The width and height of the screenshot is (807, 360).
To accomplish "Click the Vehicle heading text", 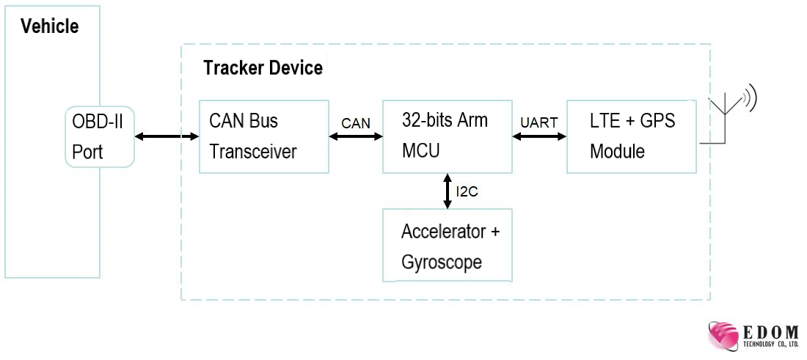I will [x=49, y=27].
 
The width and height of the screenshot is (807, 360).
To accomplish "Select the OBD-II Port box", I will [x=99, y=136].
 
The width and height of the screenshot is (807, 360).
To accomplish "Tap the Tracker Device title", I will [x=263, y=68].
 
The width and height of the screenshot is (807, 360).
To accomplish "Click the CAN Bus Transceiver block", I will [x=264, y=136].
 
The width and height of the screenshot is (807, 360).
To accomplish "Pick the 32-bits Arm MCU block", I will [x=447, y=136].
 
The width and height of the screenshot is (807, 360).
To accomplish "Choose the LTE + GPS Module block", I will [x=631, y=136].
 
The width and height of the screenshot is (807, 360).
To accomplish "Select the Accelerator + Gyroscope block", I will [x=447, y=246].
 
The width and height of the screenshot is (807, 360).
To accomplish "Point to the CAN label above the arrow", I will [x=356, y=123].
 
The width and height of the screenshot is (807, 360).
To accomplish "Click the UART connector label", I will [x=539, y=123].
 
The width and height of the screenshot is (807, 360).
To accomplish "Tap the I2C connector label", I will [x=467, y=192].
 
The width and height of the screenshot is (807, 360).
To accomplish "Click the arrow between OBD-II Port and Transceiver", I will [x=167, y=136].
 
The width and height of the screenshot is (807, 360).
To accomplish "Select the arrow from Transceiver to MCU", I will [x=356, y=136].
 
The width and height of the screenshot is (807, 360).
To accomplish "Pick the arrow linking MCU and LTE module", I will [x=539, y=136].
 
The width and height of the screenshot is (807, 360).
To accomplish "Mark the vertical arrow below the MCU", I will [x=448, y=191].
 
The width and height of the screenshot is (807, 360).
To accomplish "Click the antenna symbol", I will [x=726, y=114].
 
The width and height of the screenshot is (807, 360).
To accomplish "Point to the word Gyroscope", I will [x=442, y=262].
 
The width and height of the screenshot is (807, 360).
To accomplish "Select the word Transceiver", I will [x=253, y=152].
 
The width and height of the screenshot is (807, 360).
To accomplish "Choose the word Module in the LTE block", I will [x=618, y=152].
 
